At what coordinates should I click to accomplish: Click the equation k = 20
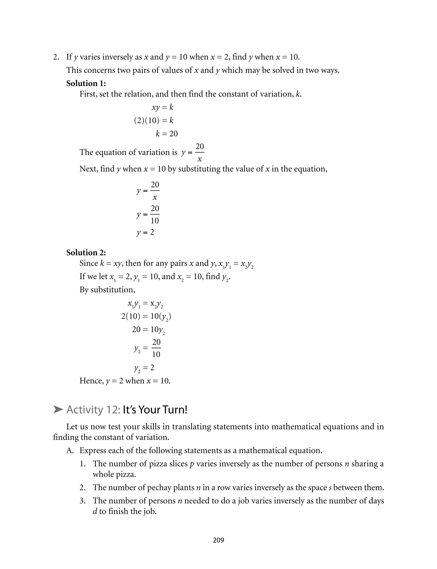[x=166, y=133]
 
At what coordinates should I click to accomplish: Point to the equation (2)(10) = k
[x=154, y=120]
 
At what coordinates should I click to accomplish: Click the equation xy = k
[x=162, y=107]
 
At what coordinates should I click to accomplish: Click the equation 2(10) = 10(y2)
[x=146, y=316]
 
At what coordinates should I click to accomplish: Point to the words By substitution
[x=107, y=290]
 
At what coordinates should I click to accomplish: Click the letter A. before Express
[x=70, y=450]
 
